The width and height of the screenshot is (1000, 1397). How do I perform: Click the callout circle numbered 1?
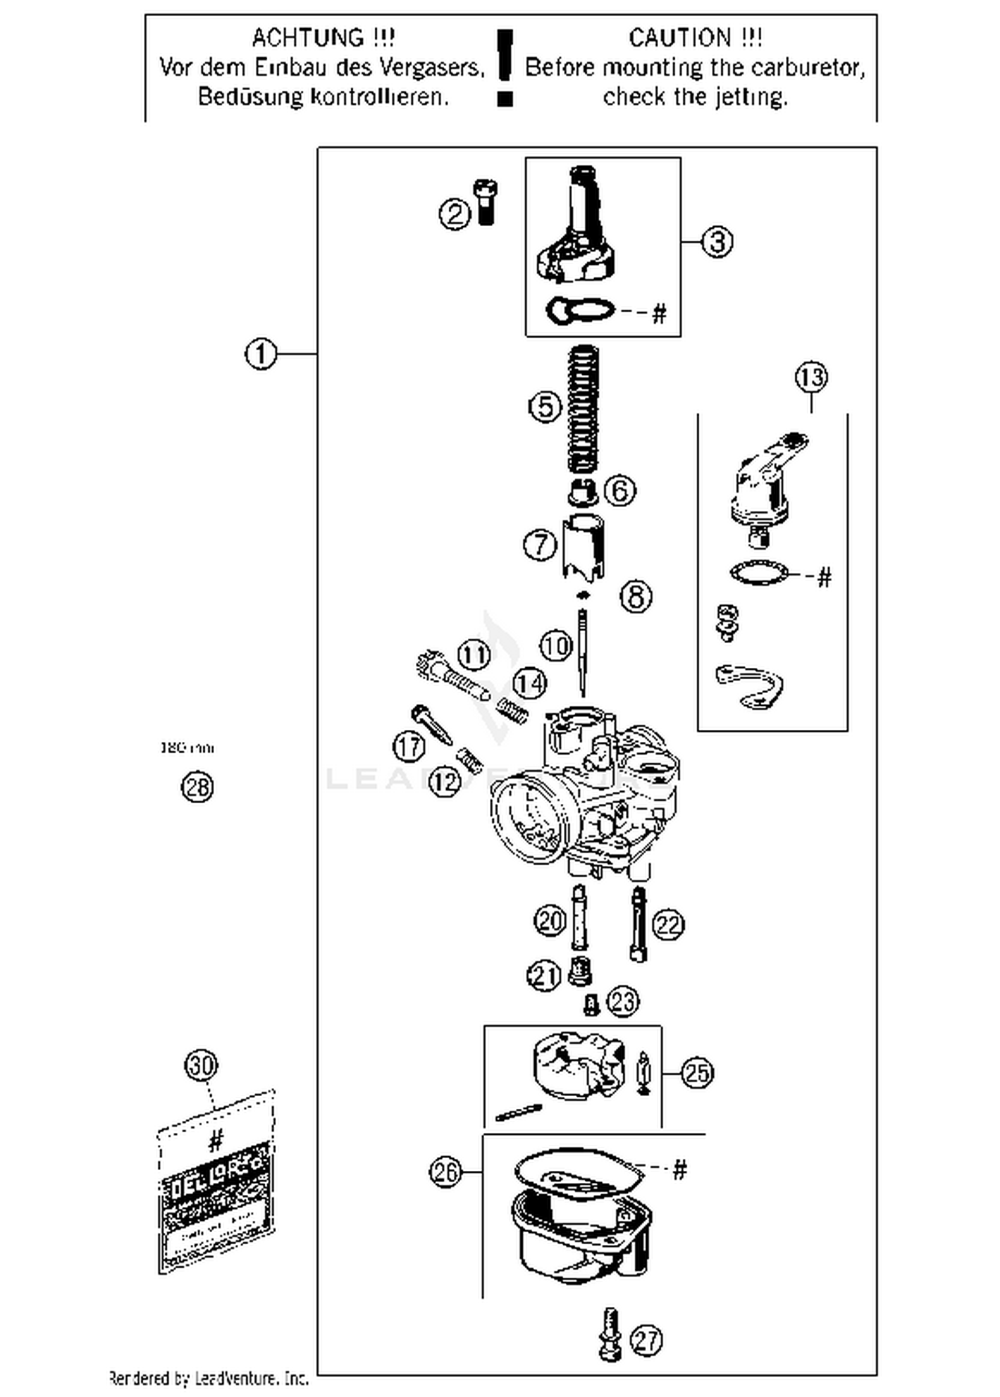pos(261,353)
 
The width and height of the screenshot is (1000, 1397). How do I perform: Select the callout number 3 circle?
pos(717,241)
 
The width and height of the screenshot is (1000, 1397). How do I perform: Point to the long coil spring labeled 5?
pos(583,408)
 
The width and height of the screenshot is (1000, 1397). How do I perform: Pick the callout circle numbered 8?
pos(636,596)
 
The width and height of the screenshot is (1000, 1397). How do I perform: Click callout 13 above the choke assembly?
pos(811,378)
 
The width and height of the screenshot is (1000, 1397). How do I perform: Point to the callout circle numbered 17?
pos(409,747)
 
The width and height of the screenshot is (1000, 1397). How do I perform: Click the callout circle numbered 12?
pos(445,781)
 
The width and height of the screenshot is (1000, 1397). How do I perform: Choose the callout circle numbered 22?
pos(667,925)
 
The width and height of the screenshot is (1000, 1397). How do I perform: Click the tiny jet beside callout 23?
pos(590,1004)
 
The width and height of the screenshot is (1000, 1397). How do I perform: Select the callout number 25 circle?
pos(697,1073)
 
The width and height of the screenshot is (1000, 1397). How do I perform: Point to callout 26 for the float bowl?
pos(445,1172)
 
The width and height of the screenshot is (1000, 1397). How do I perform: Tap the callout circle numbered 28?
pos(197,787)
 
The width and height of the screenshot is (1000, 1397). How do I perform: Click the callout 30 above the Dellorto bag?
pos(201,1065)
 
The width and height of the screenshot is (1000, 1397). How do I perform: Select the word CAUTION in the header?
pos(679,38)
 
